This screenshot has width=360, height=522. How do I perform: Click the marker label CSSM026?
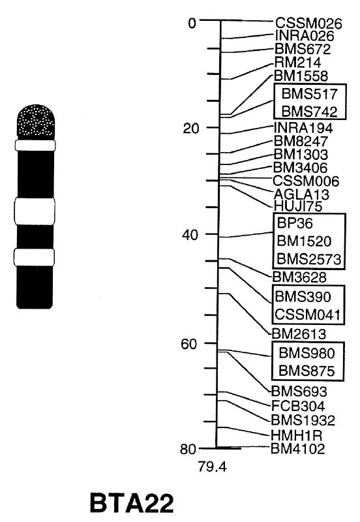pyautogui.click(x=308, y=23)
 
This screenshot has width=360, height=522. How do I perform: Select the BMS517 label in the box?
pyautogui.click(x=309, y=94)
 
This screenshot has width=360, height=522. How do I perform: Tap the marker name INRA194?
pyautogui.click(x=303, y=128)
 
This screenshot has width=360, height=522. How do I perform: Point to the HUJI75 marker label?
pyautogui.click(x=298, y=206)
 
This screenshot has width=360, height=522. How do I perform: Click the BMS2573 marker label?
pyautogui.click(x=309, y=258)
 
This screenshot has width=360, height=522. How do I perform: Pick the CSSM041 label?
pyautogui.click(x=308, y=315)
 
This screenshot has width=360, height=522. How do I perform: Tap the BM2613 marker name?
pyautogui.click(x=299, y=333)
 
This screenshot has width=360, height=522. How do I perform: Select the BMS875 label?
pyautogui.click(x=307, y=371)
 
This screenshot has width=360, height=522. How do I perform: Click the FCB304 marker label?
pyautogui.click(x=298, y=406)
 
